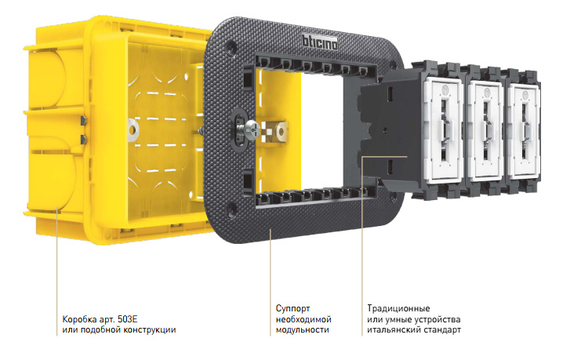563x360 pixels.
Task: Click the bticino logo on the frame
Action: [319, 41]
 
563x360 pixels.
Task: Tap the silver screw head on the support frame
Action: [252, 129]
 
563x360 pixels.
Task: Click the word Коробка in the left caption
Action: [77, 319]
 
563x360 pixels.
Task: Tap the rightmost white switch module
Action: [524, 130]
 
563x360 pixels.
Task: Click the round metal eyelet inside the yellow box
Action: [133, 130]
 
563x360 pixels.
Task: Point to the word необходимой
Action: [303, 319]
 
